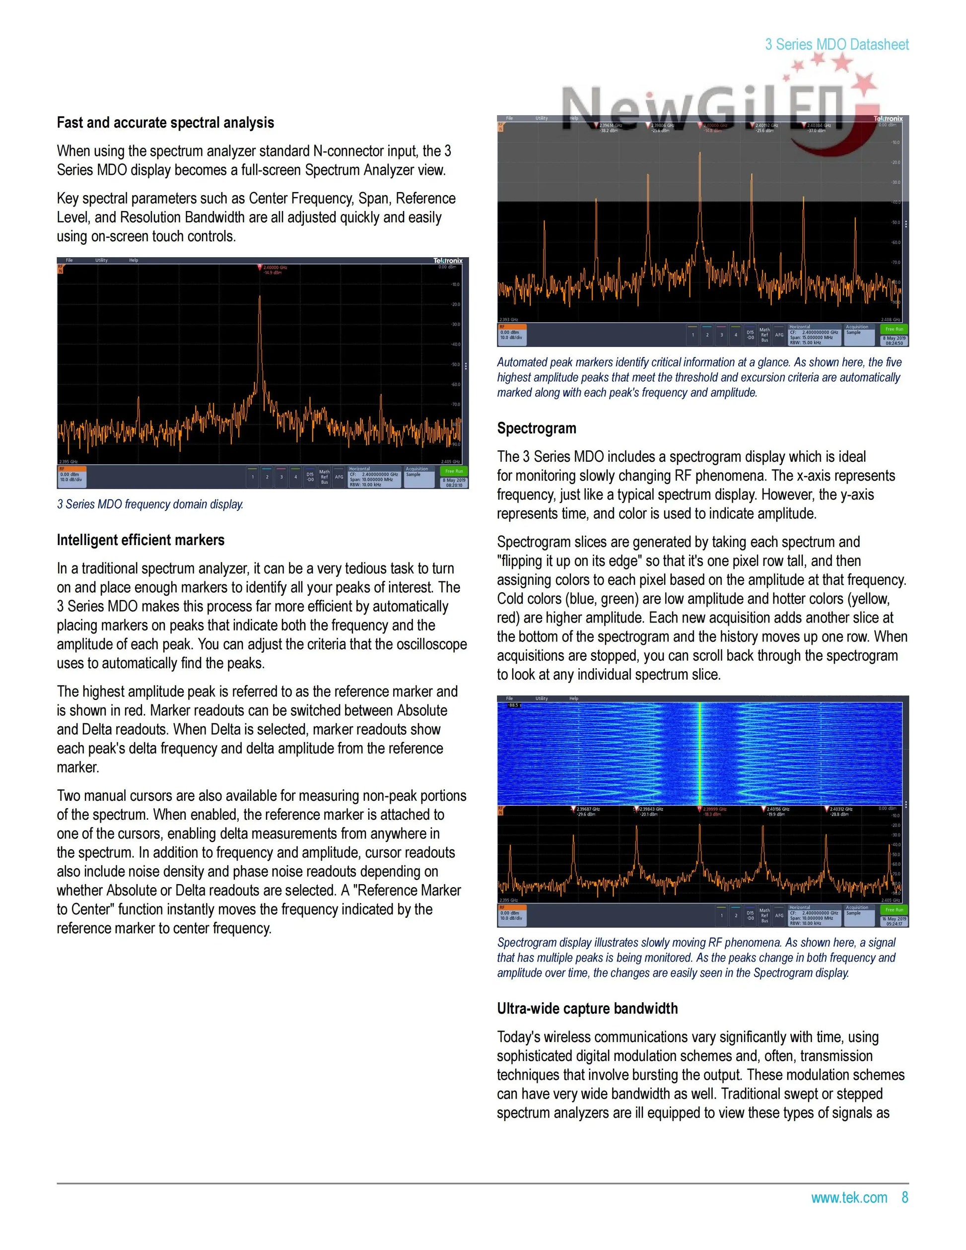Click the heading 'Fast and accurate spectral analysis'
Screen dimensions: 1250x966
(165, 123)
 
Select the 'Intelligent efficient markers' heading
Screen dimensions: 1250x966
(140, 540)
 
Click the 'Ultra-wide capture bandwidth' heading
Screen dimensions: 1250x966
(587, 1008)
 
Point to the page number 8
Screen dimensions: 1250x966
(905, 1197)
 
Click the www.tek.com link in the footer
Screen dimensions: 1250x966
(849, 1197)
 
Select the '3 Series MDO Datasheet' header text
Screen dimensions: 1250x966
(836, 44)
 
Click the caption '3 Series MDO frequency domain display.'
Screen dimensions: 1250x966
(150, 504)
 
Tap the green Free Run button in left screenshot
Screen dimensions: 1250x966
(454, 471)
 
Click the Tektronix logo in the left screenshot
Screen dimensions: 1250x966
(448, 261)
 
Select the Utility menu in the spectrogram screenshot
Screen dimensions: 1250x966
(542, 698)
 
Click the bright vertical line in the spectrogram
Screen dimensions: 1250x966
(700, 750)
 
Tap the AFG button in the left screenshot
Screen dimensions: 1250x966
(339, 477)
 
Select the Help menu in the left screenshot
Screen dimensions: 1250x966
(134, 261)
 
